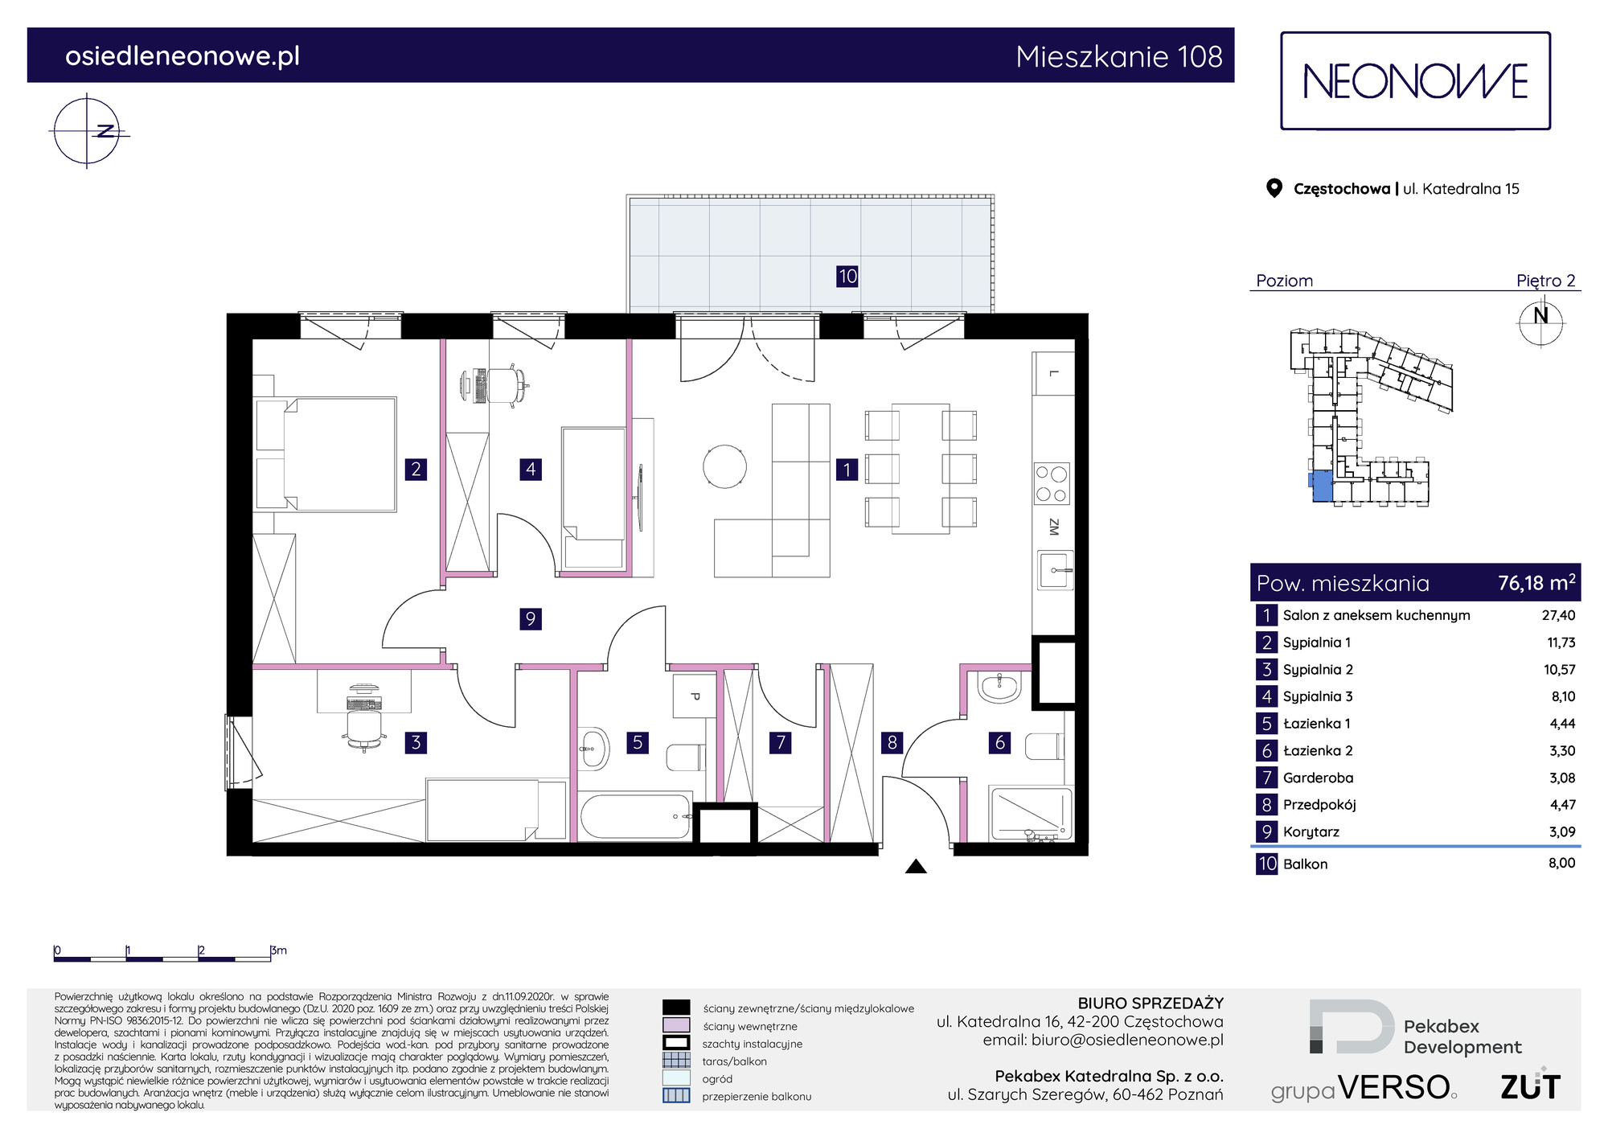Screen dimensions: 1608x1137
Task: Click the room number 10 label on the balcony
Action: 847,277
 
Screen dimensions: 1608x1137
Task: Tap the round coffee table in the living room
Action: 724,466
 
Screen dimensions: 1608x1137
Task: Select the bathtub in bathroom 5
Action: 635,817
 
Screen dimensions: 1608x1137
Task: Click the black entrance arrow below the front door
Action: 916,867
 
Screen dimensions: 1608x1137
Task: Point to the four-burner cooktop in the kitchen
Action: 1052,483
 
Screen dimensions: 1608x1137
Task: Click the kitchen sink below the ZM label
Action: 1055,570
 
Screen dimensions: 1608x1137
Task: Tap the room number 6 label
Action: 1000,742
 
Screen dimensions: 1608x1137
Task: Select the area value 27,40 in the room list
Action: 1558,615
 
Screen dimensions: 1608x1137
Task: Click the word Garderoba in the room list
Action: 1318,778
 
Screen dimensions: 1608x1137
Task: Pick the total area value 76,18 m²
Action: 1536,582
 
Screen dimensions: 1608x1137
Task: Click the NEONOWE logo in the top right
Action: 1415,81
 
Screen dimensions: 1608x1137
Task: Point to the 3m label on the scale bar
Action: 279,950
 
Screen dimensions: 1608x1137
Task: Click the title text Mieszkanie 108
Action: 1118,56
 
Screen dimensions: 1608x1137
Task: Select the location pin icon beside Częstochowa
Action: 1274,188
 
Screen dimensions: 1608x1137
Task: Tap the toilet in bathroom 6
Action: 1044,746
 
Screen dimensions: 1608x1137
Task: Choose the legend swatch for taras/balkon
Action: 676,1061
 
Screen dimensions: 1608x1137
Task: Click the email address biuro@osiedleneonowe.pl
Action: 1127,1040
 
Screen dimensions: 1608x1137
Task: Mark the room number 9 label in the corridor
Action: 531,618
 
